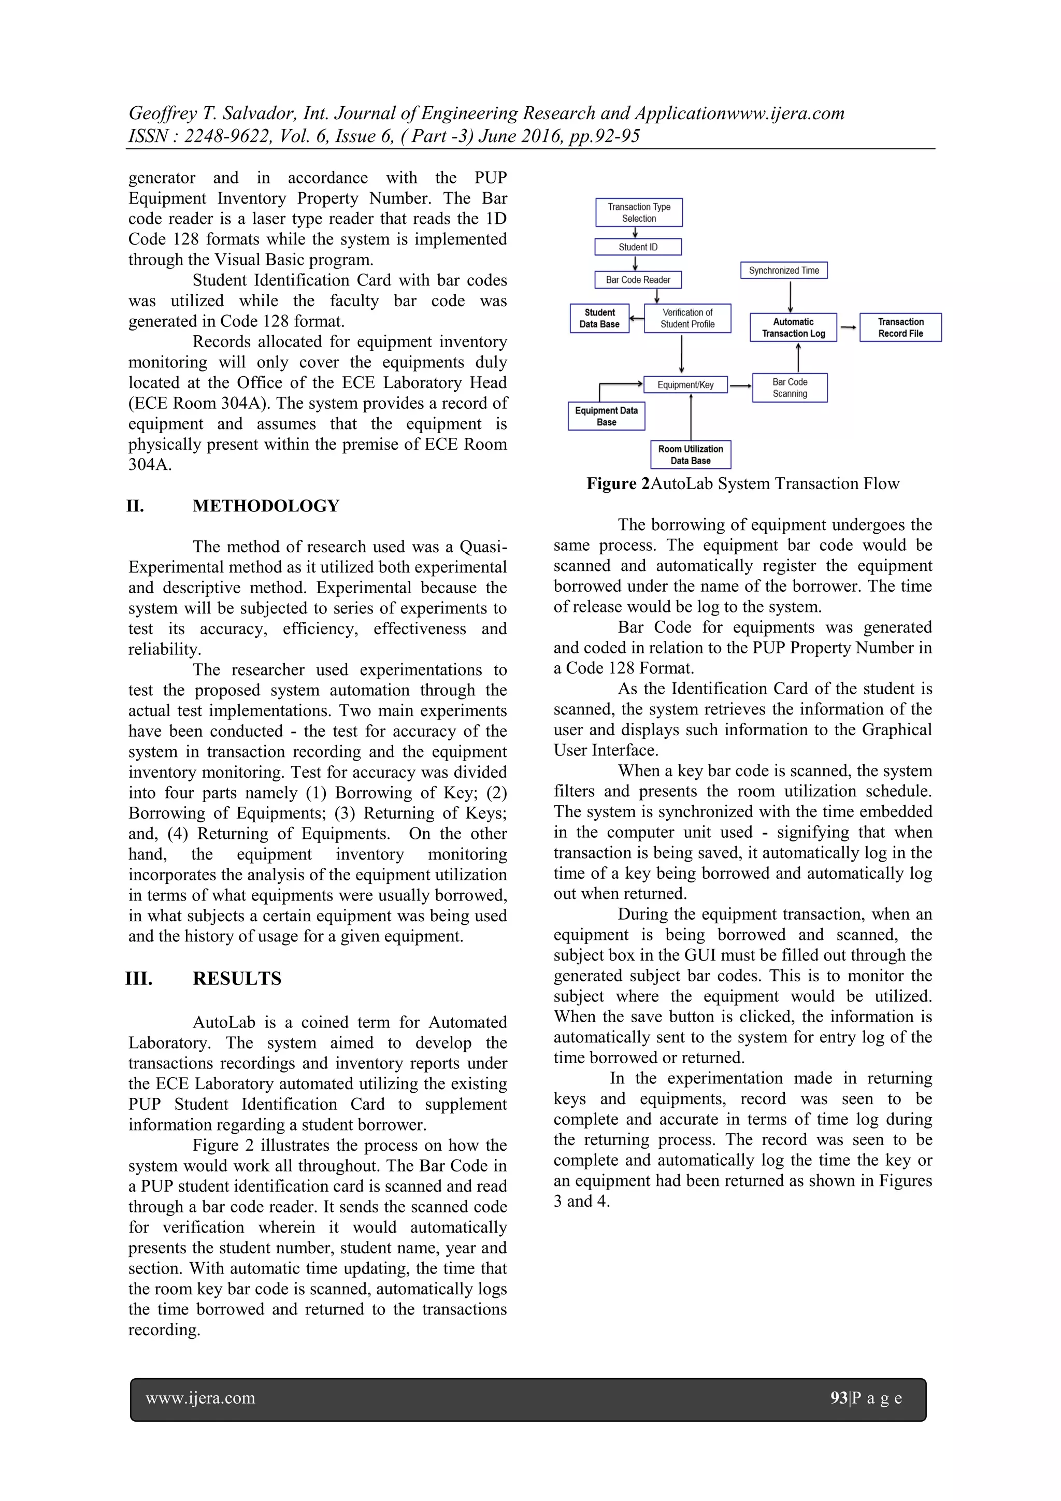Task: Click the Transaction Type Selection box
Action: [639, 212]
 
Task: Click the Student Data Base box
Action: [599, 318]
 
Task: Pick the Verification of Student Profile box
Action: [687, 318]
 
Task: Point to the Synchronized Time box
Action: [783, 270]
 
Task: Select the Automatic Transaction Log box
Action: [793, 327]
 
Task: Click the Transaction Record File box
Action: [900, 327]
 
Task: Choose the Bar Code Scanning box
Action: [790, 388]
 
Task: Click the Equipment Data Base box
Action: [606, 417]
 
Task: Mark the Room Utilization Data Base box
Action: [691, 455]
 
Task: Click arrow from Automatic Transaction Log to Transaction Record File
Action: [848, 327]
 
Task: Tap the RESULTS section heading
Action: [237, 979]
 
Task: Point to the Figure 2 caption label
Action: [618, 484]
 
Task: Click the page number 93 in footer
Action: [839, 1398]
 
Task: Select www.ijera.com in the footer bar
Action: [200, 1398]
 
